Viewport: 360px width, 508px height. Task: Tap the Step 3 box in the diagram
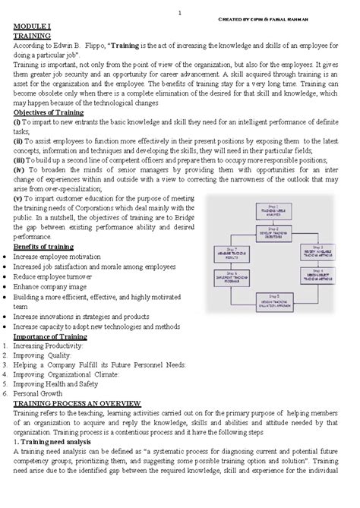click(x=313, y=251)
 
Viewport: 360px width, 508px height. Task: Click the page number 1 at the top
click(x=178, y=11)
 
